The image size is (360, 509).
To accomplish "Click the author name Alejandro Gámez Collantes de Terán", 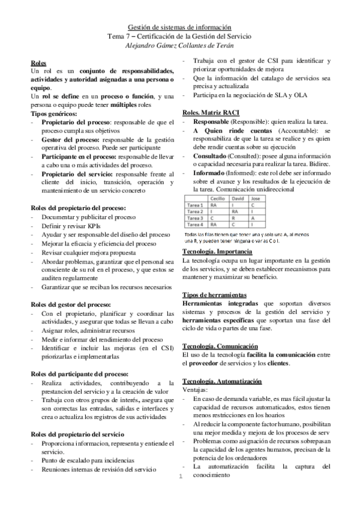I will (x=180, y=45).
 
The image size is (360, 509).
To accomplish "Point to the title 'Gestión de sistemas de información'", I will (x=180, y=27).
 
